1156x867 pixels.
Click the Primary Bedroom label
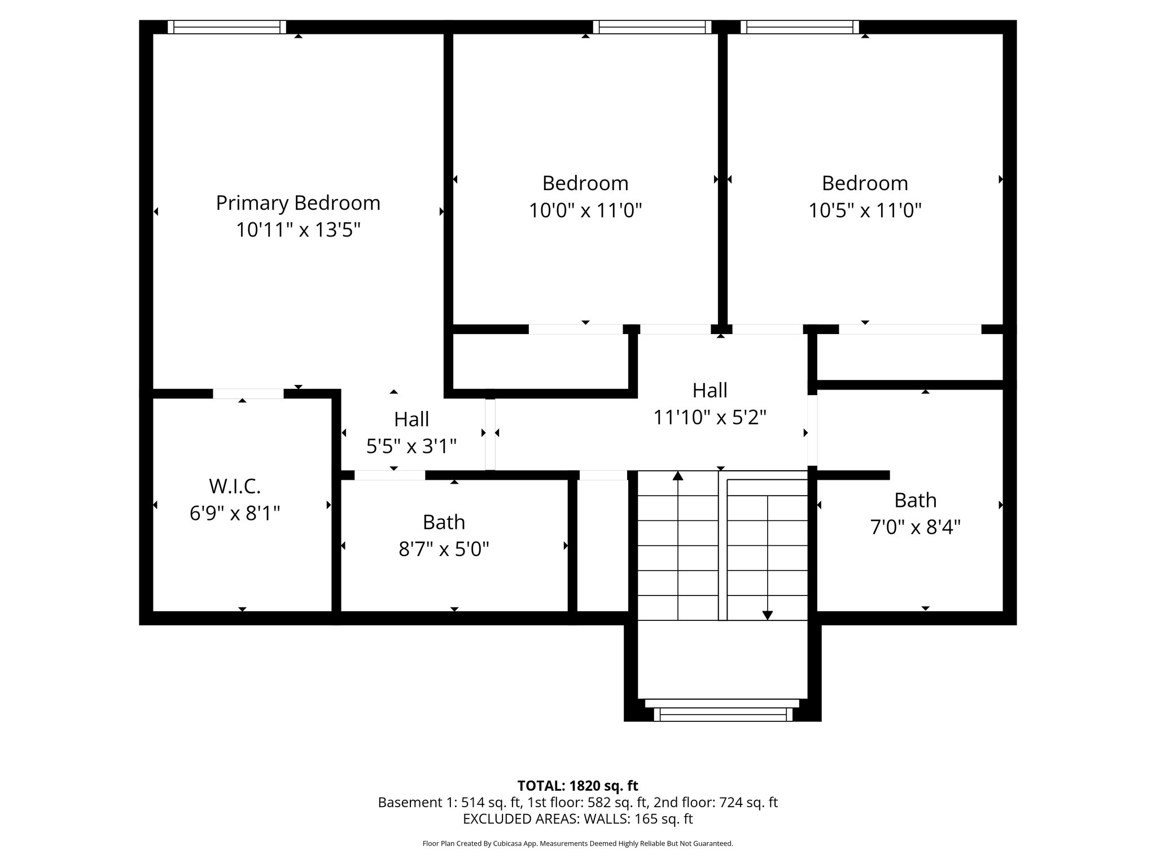point(298,203)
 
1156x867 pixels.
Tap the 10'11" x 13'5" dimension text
point(298,230)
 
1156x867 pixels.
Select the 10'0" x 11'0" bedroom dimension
point(585,211)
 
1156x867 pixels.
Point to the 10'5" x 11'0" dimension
point(865,211)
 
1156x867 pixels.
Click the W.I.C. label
point(235,486)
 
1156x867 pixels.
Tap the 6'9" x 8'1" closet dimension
point(235,514)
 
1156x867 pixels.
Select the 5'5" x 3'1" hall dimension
point(411,446)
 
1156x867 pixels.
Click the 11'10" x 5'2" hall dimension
point(710,418)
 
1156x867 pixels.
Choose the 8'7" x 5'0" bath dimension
point(444,549)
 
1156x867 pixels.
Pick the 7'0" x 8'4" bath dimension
point(915,527)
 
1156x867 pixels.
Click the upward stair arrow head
point(678,476)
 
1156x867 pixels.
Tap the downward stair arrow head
point(768,615)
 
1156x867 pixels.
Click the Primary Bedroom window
point(227,27)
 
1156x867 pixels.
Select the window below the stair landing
point(722,715)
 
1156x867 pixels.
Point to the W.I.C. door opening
point(248,394)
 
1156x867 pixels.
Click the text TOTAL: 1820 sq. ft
point(577,786)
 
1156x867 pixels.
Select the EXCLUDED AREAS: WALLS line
point(577,818)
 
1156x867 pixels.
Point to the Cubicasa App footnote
point(577,844)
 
